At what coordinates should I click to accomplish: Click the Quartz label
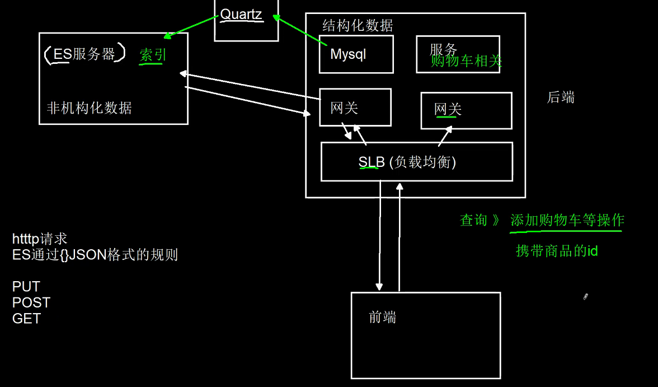pos(241,15)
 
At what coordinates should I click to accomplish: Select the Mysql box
pos(356,54)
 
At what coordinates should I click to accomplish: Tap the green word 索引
pos(153,55)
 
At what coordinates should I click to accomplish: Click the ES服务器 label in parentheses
pos(84,54)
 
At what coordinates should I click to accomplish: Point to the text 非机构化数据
pos(89,108)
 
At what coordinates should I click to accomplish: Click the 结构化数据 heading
pos(358,26)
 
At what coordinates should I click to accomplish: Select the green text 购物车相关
pos(466,61)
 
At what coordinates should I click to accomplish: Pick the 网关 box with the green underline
pos(466,110)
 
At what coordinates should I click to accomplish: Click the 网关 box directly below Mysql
pos(355,108)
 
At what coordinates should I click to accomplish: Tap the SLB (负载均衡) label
pos(407,162)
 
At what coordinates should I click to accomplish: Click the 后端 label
pos(561,97)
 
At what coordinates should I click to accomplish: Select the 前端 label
pos(383,318)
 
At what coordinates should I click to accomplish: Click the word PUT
pos(26,287)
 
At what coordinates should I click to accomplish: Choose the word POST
pos(31,302)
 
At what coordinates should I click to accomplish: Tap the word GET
pos(26,319)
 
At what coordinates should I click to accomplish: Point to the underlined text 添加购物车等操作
pos(567,221)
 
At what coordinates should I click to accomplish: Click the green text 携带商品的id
pos(557,251)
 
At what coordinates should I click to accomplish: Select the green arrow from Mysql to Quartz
pos(300,31)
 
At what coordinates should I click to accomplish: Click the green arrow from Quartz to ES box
pos(191,27)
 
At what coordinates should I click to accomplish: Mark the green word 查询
pos(473,221)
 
